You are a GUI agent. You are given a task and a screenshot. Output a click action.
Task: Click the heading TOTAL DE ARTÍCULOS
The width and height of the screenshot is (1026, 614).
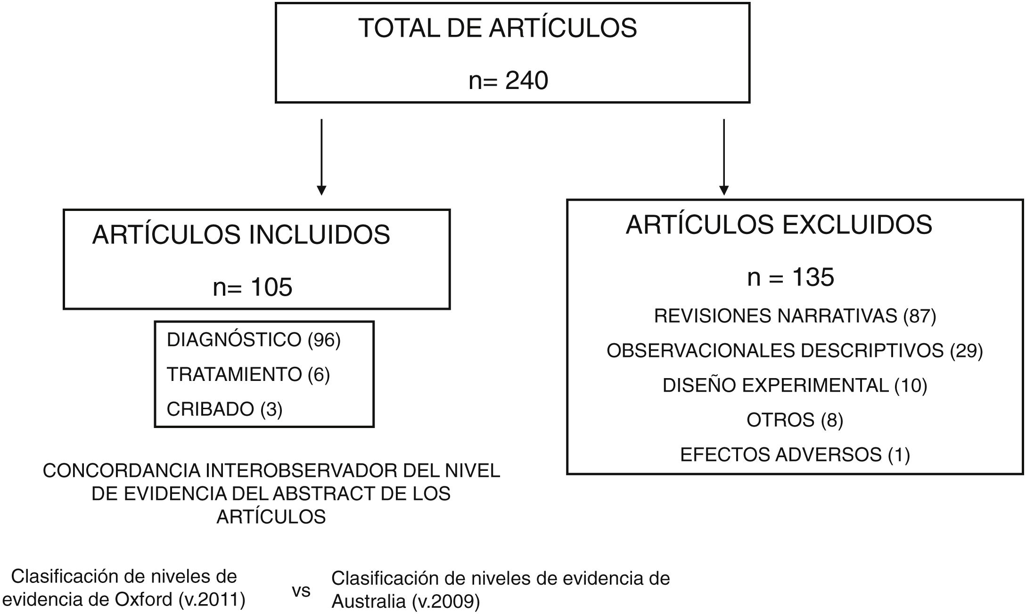(497, 28)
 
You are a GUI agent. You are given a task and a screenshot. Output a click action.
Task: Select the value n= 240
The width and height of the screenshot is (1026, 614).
(508, 81)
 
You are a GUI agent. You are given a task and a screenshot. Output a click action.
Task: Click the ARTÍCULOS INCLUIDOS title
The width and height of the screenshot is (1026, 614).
(241, 235)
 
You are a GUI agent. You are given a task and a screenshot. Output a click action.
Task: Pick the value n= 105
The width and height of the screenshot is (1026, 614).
(253, 287)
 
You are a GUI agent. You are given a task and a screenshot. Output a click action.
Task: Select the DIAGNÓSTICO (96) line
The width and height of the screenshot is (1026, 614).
(253, 339)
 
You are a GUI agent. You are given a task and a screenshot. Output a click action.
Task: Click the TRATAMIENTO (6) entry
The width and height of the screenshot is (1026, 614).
(248, 374)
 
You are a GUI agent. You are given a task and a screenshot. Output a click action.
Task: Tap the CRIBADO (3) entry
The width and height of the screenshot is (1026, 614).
(224, 409)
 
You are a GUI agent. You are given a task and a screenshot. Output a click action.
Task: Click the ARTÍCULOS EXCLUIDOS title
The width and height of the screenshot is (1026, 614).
(779, 225)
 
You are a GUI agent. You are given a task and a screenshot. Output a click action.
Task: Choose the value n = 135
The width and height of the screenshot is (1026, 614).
(790, 277)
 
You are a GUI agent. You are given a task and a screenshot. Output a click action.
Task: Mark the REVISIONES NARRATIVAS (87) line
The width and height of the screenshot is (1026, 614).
(795, 316)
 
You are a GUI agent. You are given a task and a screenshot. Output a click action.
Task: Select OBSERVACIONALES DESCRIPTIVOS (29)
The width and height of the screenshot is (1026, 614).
(795, 351)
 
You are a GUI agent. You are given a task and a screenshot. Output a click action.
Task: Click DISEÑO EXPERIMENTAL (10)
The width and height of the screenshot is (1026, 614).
(795, 386)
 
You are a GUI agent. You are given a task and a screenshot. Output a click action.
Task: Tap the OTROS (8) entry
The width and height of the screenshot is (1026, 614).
(795, 420)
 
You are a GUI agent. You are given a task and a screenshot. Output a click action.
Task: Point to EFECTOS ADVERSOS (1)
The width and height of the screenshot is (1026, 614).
(795, 455)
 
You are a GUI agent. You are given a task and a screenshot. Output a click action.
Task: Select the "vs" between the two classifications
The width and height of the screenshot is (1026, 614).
(301, 591)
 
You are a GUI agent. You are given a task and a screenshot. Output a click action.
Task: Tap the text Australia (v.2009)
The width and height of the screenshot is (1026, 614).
(405, 602)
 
